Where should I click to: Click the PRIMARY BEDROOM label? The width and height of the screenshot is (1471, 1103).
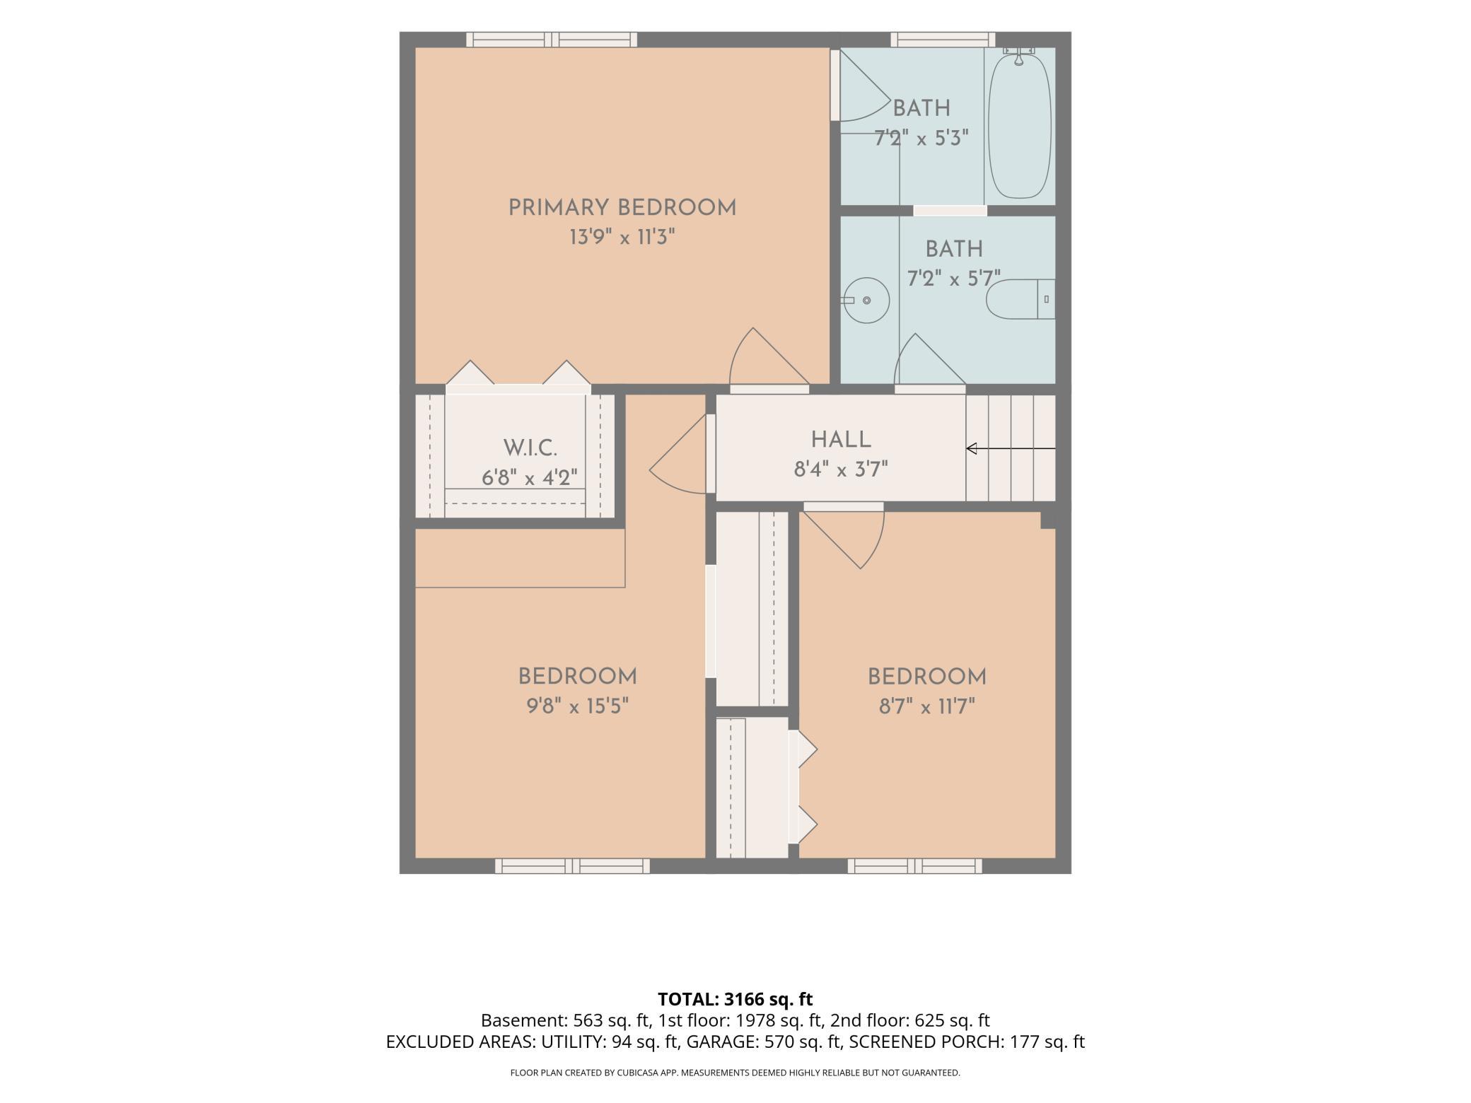point(622,208)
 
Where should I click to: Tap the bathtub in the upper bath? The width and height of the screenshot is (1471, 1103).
point(1019,124)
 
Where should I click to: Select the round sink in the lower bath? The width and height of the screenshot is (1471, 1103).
point(866,300)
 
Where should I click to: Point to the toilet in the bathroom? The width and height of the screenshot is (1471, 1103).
point(1021,299)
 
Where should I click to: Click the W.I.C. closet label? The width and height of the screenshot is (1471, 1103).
point(530,448)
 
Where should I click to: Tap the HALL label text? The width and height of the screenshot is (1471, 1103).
point(841,440)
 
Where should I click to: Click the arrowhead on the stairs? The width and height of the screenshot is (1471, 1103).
point(972,448)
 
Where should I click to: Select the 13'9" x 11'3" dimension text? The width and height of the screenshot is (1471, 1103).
point(622,237)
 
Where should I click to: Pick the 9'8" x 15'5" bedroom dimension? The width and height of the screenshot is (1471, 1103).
point(577,706)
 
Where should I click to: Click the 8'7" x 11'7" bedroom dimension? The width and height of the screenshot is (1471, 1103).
point(927,706)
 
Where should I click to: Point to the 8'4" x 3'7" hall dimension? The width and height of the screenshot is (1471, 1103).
point(841,469)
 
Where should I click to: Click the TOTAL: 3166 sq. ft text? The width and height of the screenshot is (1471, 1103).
point(735,999)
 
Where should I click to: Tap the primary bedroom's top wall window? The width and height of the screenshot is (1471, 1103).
point(552,40)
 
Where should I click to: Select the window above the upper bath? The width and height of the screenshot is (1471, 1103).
point(943,40)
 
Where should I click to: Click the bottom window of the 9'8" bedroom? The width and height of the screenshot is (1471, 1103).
point(572,865)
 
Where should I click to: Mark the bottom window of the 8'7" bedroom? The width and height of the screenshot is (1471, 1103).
point(914,865)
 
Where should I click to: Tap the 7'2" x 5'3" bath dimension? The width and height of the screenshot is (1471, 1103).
point(921,138)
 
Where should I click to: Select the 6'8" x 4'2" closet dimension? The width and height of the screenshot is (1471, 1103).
point(530,478)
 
